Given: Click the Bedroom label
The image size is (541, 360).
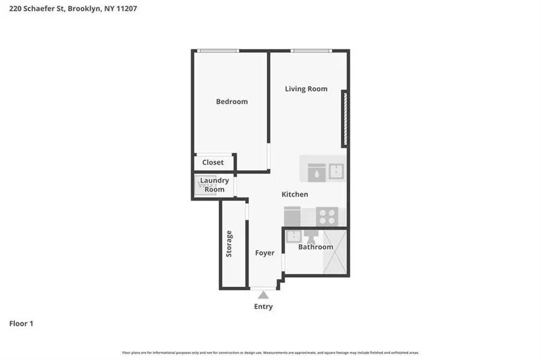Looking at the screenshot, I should (231, 102).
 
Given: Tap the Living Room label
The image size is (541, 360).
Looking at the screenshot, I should (306, 89).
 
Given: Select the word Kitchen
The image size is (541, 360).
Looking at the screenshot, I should (295, 194).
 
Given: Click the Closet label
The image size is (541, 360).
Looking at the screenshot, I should (213, 162).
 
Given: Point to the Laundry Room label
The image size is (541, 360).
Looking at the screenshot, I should (214, 185).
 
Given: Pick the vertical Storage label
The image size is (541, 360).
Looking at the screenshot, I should (229, 244).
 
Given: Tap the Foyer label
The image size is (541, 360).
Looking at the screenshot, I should (264, 253).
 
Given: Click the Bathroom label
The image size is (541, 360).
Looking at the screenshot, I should (316, 247).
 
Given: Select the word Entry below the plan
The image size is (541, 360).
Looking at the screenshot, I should (263, 307).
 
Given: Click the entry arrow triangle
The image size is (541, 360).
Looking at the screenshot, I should (263, 294).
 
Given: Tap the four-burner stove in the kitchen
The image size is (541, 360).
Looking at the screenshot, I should (327, 216).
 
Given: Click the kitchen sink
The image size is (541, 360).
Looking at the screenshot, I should (336, 172).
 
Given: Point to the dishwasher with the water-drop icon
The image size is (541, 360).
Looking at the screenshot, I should (316, 172).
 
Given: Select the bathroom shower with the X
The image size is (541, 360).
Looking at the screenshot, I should (335, 252).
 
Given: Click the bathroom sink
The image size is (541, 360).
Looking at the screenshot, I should (293, 236).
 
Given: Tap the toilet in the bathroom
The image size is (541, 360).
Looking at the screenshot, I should (311, 235).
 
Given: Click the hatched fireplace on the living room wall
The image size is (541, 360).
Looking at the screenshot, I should (344, 118).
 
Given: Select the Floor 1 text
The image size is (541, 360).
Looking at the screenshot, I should (21, 324).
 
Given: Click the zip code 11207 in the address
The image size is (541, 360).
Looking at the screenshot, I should (126, 9).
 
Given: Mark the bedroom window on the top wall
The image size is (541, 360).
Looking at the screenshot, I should (219, 50).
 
